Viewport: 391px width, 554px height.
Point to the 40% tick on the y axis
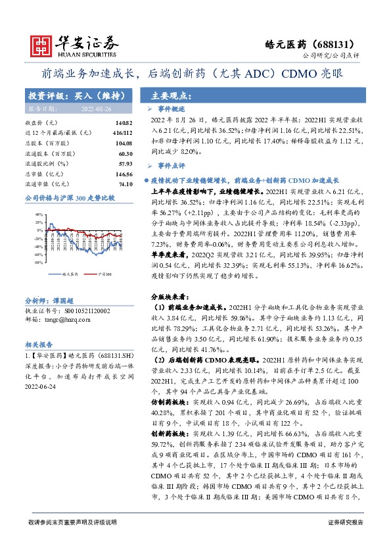[37, 214]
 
